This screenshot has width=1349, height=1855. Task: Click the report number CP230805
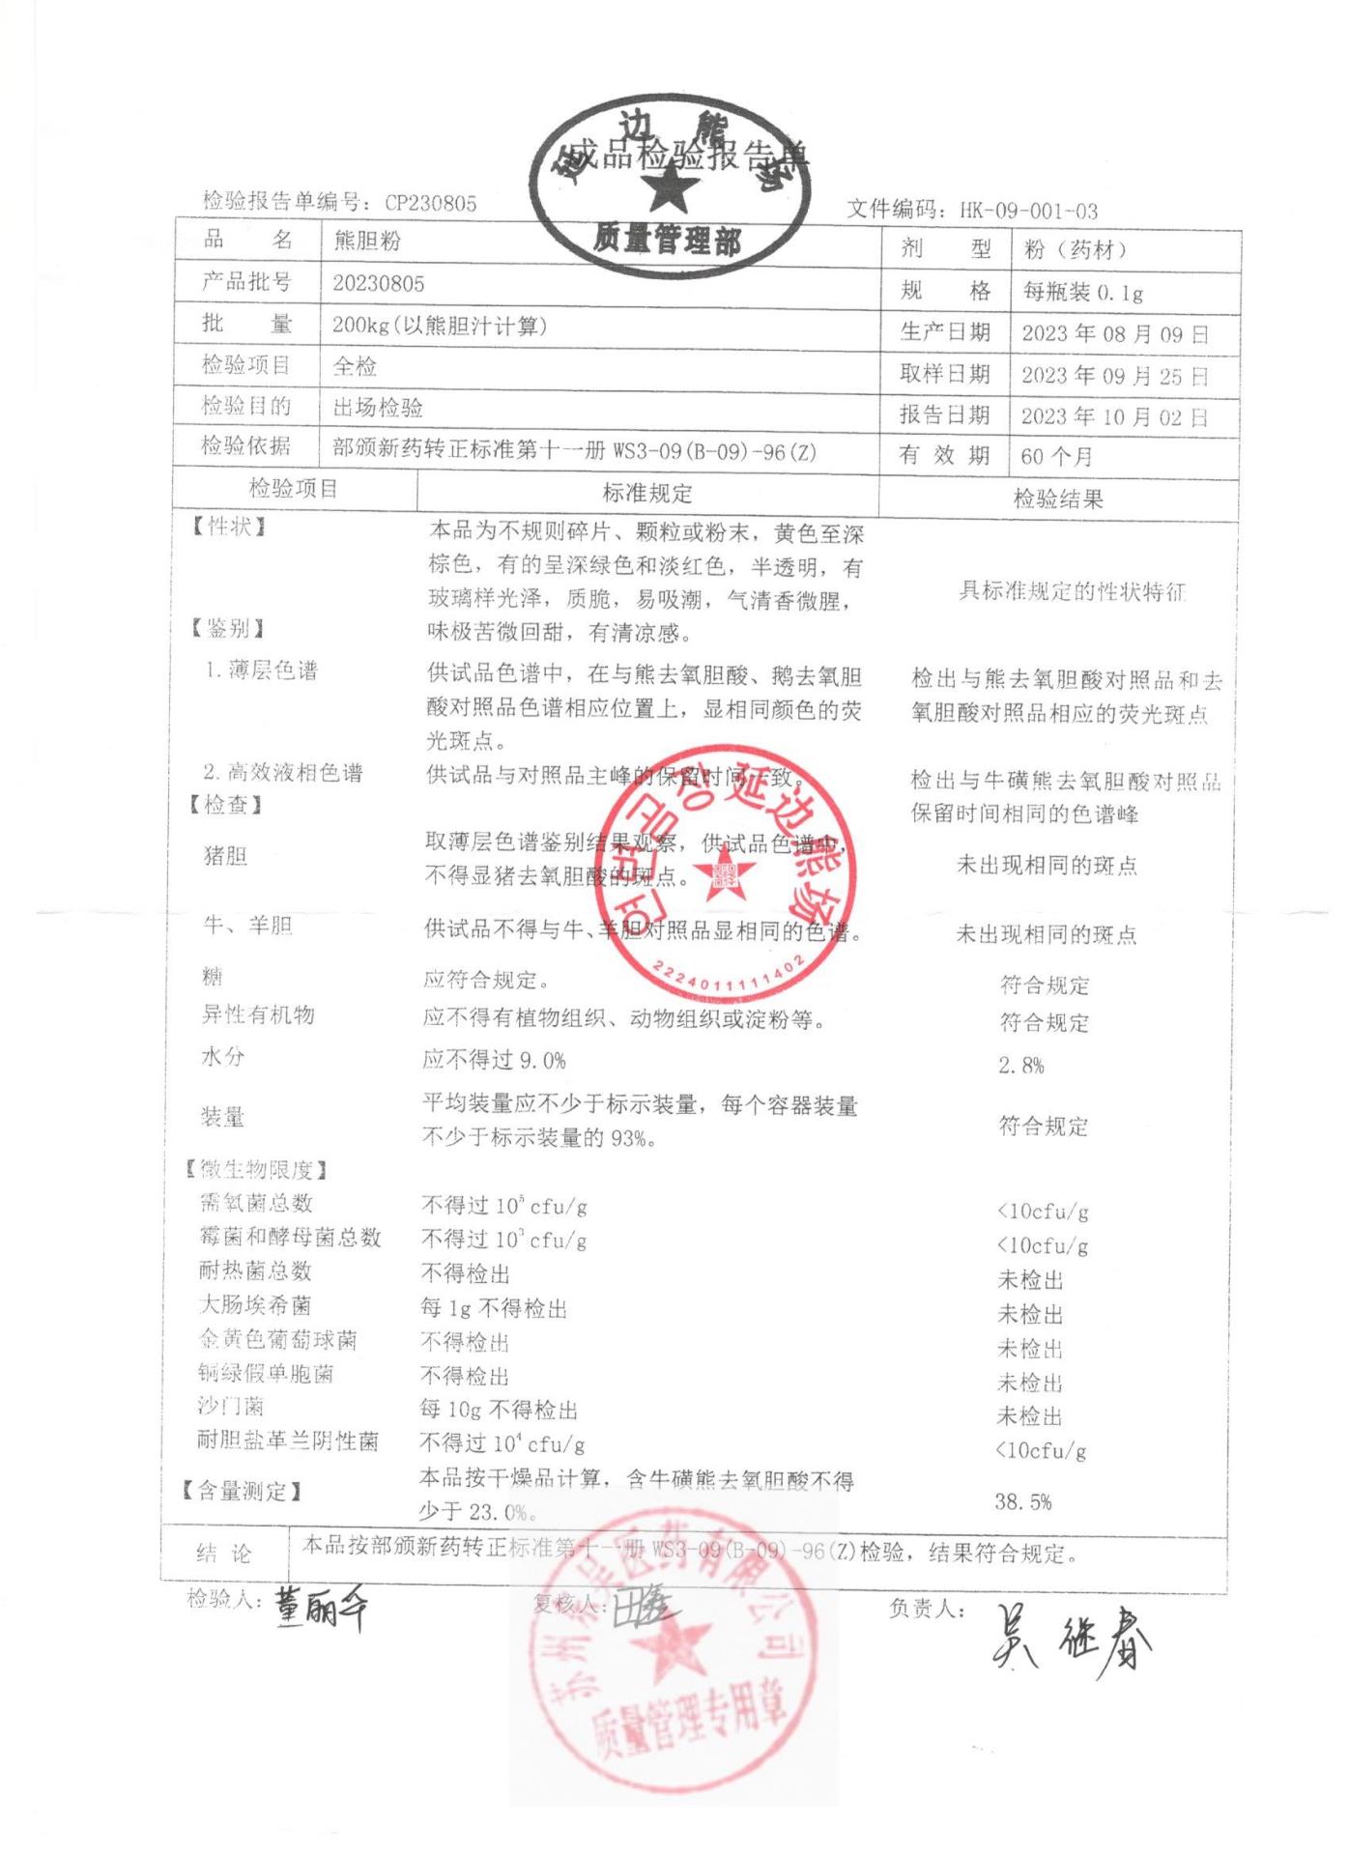430,203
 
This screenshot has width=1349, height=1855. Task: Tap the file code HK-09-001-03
1028,211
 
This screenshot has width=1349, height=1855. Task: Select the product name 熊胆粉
367,242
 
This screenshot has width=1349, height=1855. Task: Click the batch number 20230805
379,284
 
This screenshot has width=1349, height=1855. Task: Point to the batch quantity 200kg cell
440,326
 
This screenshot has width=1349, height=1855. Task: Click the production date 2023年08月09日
1115,334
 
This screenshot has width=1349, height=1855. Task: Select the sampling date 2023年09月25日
1115,376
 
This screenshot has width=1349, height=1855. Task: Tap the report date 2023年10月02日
1115,417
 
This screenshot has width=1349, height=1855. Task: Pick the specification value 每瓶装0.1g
1083,292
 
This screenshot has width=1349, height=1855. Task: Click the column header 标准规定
647,494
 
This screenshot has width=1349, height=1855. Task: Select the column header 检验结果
1058,499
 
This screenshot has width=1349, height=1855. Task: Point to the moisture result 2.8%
1021,1066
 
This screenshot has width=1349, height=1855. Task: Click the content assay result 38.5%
1023,1502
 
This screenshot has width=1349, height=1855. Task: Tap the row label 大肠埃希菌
255,1305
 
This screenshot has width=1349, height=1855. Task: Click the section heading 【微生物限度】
257,1170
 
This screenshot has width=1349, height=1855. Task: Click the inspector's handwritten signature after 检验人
320,1608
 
